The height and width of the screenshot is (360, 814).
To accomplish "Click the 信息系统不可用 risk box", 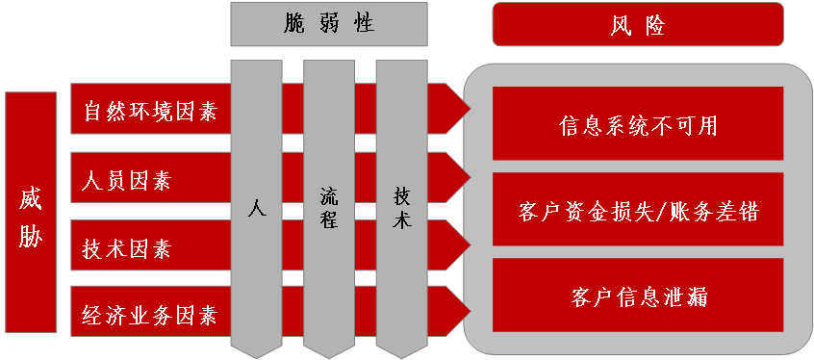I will point(638,125).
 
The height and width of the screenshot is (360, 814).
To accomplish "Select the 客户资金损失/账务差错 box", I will point(638,212).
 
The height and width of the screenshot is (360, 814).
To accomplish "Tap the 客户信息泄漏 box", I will point(638,296).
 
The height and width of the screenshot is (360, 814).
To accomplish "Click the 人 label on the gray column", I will point(256,207).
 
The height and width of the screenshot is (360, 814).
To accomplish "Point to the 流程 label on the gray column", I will point(329,207).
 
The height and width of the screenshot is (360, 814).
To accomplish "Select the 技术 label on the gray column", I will point(402,207).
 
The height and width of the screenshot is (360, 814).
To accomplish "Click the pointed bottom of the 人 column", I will point(256,354).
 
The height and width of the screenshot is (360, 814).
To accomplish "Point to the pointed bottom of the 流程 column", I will point(329,354).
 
